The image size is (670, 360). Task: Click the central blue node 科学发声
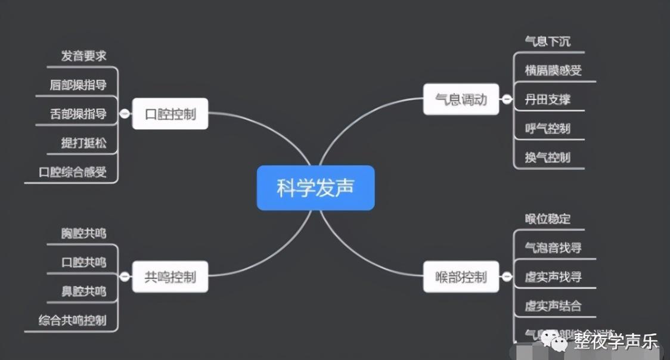click(315, 188)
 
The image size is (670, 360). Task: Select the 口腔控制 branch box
click(170, 114)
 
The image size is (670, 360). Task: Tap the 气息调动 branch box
click(461, 99)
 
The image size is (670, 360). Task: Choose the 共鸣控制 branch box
click(170, 277)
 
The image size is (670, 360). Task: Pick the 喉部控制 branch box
click(461, 277)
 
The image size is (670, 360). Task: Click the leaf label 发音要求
click(83, 56)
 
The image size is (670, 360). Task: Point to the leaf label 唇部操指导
click(78, 85)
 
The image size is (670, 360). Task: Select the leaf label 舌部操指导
click(78, 114)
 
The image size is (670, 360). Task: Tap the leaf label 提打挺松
click(83, 143)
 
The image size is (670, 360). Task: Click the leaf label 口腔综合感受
click(73, 172)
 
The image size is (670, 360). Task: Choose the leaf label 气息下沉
click(547, 41)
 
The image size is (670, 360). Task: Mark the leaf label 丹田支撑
click(547, 99)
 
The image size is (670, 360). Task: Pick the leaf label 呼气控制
click(547, 128)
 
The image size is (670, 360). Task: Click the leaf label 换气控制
click(547, 157)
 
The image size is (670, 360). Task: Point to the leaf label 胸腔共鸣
click(83, 233)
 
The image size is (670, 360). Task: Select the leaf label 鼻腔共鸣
click(83, 291)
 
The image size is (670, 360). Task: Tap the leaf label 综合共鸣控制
click(73, 320)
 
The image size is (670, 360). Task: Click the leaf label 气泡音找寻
click(553, 247)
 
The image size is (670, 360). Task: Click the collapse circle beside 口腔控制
click(125, 114)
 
